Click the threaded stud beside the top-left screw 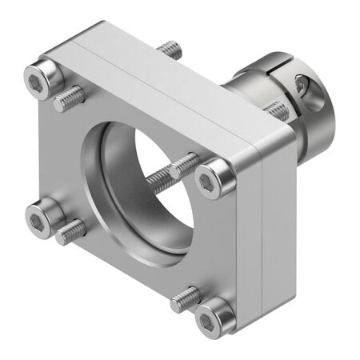(70, 98)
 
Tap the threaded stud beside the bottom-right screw (186, 298)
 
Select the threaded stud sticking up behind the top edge (170, 50)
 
